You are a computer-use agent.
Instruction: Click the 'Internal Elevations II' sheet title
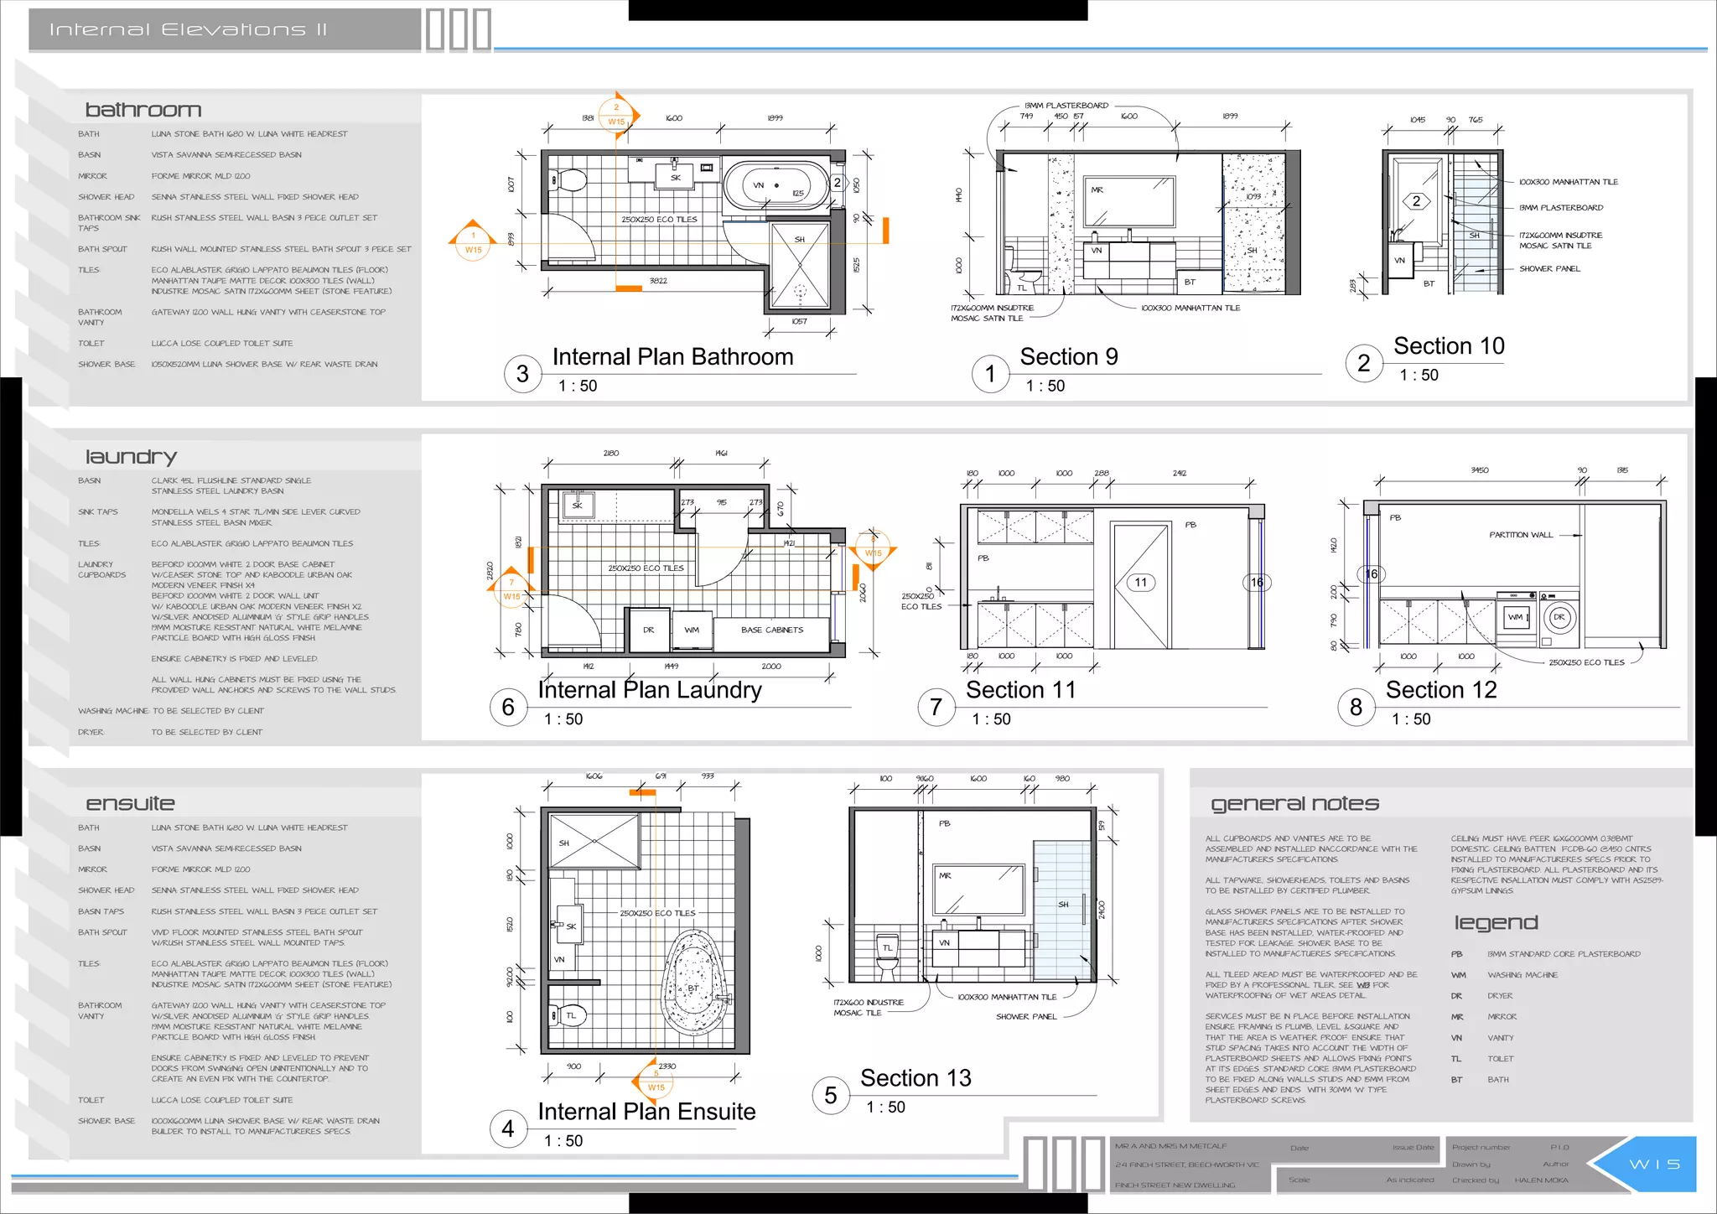[188, 30]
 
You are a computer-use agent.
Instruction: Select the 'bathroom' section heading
[143, 110]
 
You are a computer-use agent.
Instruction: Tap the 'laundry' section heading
[131, 457]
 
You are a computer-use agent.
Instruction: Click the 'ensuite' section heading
[130, 803]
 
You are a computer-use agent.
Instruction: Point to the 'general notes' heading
[1294, 803]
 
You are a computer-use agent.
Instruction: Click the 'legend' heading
[1496, 923]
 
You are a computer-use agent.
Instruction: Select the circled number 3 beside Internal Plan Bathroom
[522, 374]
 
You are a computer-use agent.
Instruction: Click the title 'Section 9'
[1069, 357]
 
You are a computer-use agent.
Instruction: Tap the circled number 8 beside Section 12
[1356, 708]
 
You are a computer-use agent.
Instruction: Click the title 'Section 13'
[916, 1078]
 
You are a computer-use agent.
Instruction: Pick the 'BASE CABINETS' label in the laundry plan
[771, 630]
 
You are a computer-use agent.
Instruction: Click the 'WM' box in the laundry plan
[692, 630]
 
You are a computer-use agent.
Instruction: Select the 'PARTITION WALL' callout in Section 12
[1521, 535]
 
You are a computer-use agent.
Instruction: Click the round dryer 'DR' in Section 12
[1559, 617]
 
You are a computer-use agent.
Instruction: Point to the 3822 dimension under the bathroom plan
[658, 281]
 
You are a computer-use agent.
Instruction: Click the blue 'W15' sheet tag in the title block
[1654, 1165]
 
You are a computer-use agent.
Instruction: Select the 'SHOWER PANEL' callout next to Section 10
[1549, 269]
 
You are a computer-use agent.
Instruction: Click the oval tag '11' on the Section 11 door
[1140, 583]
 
